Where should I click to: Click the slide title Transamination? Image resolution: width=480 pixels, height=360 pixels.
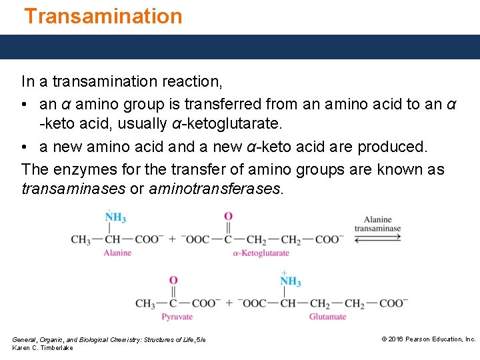point(103,16)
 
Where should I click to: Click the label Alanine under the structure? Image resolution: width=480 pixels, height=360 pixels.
point(117,253)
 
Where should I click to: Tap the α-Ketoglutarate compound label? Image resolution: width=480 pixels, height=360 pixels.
point(261,253)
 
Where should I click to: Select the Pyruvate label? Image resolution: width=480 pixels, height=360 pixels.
point(177,317)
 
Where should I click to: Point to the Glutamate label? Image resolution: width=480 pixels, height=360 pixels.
point(327,317)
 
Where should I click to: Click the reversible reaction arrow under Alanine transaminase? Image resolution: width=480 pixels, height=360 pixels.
point(377,239)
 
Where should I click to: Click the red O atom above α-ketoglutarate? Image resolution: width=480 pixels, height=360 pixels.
point(228,216)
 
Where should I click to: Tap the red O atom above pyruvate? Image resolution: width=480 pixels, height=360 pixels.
point(173,281)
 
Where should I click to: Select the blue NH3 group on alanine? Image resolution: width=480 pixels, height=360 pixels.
point(115,218)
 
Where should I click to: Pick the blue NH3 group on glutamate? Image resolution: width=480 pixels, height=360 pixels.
point(290,281)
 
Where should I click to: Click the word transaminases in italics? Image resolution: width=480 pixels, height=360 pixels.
point(73,189)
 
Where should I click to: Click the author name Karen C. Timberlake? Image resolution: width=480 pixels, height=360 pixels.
point(43,348)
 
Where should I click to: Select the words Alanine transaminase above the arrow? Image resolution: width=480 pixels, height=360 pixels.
point(377,224)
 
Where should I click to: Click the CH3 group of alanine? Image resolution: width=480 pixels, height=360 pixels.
point(81,239)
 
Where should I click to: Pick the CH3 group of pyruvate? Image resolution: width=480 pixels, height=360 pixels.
point(145,303)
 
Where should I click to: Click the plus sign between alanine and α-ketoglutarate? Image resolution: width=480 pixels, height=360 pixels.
point(173,239)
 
